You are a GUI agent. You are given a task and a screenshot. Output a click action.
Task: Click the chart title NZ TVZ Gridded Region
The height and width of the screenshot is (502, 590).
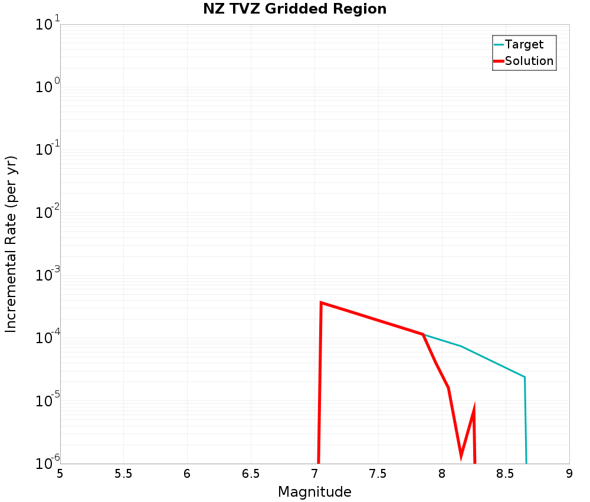pyautogui.click(x=295, y=9)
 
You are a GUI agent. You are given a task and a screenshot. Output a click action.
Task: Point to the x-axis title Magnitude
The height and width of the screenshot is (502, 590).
pyautogui.click(x=314, y=492)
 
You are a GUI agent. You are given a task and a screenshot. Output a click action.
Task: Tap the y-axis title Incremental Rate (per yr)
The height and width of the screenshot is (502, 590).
pyautogui.click(x=11, y=244)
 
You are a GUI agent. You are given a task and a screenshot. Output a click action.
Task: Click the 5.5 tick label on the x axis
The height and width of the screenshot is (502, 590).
pyautogui.click(x=123, y=474)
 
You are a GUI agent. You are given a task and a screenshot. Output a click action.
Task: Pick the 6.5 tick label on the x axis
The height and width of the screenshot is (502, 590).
pyautogui.click(x=251, y=474)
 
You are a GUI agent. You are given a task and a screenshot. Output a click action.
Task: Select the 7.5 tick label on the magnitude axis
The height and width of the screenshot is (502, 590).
pyautogui.click(x=378, y=474)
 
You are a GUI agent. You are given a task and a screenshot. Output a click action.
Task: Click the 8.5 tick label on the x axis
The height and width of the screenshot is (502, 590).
pyautogui.click(x=506, y=474)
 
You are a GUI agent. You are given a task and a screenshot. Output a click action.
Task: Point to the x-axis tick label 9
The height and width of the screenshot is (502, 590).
pyautogui.click(x=569, y=474)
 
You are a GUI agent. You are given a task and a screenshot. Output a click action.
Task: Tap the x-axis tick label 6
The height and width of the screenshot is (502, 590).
pyautogui.click(x=187, y=474)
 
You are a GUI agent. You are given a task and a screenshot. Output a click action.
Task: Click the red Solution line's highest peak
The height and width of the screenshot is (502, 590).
pyautogui.click(x=321, y=302)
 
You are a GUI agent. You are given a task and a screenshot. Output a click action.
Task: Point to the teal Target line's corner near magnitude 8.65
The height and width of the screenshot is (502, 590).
pyautogui.click(x=524, y=377)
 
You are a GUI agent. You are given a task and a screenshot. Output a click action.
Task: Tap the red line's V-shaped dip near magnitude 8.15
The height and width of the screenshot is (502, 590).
pyautogui.click(x=461, y=455)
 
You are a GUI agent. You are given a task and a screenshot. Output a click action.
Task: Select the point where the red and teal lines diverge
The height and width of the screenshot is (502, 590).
pyautogui.click(x=423, y=334)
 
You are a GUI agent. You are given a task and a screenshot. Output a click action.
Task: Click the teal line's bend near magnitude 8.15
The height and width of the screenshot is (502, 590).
pyautogui.click(x=461, y=346)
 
